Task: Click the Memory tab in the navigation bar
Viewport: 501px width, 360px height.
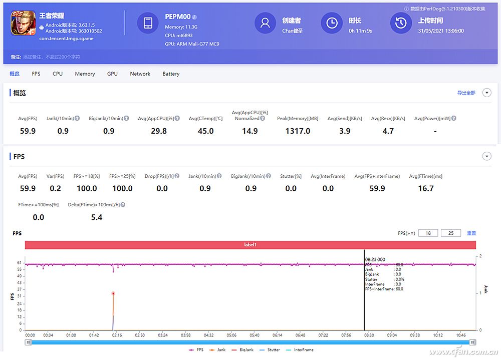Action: [85, 74]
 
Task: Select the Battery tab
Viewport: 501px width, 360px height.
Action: [171, 74]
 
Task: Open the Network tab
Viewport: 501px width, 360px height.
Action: [140, 74]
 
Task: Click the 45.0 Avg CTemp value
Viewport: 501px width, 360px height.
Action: [205, 131]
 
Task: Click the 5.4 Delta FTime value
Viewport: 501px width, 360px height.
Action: [97, 217]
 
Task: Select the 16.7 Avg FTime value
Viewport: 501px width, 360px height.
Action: [425, 189]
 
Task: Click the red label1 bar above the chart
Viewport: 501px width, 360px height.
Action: [250, 245]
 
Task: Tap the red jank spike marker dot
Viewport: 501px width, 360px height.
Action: [113, 293]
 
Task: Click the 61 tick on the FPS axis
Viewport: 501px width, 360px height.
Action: [19, 262]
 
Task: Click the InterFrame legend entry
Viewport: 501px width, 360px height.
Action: [303, 350]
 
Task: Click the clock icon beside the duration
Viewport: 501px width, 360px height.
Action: [332, 23]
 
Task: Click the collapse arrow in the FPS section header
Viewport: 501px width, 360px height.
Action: [486, 157]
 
